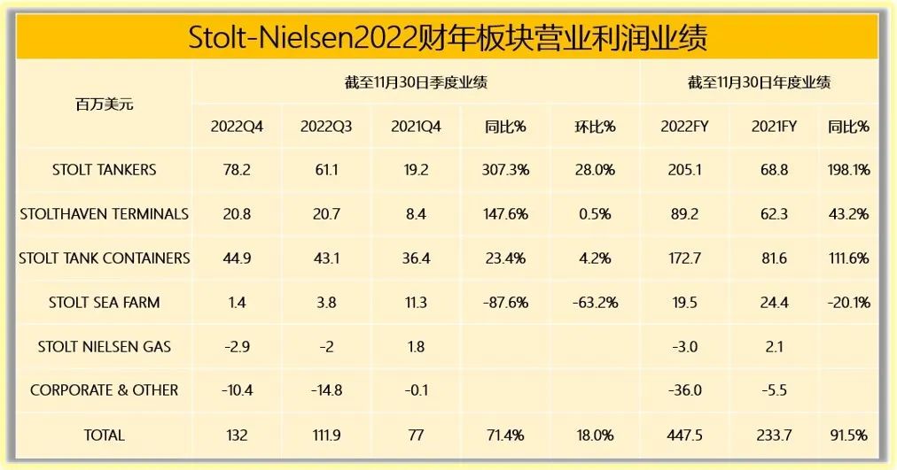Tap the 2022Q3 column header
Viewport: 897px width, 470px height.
326,127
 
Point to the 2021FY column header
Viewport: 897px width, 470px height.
774,127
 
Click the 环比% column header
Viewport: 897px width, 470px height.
595,127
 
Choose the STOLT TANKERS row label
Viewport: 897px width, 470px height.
104,170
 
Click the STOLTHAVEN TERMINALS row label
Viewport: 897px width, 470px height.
104,213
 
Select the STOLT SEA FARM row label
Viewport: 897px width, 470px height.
104,303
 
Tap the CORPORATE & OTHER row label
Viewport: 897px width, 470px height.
104,390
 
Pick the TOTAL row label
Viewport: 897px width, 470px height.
104,435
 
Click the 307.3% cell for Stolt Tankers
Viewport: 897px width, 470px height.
506,170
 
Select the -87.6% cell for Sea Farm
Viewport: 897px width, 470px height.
506,303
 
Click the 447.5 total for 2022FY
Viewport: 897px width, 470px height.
682,435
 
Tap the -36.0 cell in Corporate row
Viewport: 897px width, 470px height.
682,390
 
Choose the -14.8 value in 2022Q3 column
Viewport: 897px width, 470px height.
326,390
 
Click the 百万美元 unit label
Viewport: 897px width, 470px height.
104,104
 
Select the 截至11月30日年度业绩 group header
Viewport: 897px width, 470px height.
759,83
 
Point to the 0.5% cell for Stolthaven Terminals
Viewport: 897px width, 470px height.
595,213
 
